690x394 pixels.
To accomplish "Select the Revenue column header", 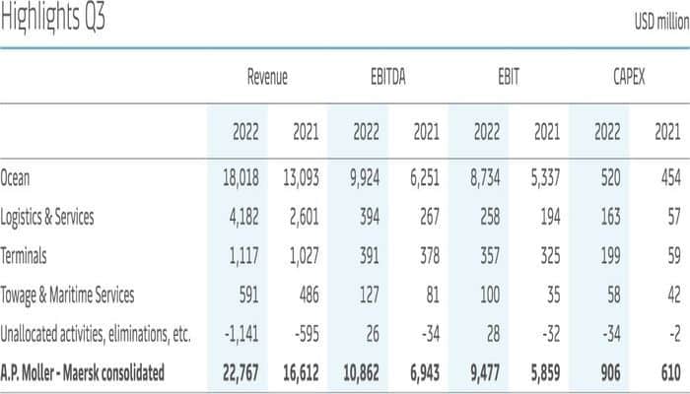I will coord(266,77).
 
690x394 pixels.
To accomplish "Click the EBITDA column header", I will coord(386,77).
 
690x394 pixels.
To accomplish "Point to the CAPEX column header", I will coord(626,77).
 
